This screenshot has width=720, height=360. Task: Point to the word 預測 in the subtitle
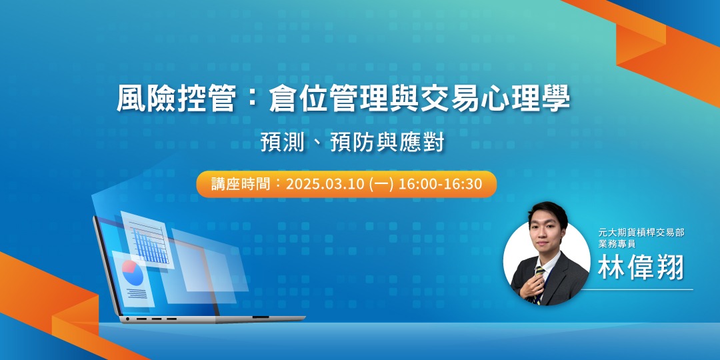(279, 143)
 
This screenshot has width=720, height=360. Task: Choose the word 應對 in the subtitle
(425, 143)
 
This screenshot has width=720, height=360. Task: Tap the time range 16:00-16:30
(440, 184)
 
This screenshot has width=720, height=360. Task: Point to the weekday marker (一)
(381, 184)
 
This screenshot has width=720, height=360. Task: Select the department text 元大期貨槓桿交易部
(641, 233)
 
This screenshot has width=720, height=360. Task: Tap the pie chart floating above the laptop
(133, 273)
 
